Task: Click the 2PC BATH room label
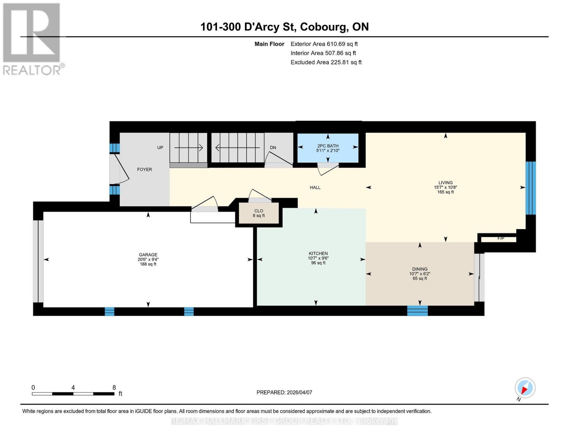click(328, 146)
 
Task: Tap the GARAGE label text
click(148, 254)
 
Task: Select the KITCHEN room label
click(318, 253)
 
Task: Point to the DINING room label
click(420, 269)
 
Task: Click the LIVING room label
click(445, 183)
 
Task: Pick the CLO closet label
click(259, 211)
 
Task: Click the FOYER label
click(144, 169)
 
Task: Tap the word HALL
click(315, 187)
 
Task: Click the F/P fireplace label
click(500, 238)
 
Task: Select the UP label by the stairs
click(160, 148)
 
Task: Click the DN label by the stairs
click(273, 148)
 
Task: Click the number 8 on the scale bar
click(114, 388)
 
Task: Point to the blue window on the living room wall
click(531, 188)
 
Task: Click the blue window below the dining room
click(417, 311)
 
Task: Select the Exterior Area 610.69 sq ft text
click(324, 44)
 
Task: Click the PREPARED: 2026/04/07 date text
click(284, 392)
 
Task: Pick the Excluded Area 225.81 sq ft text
click(326, 62)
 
